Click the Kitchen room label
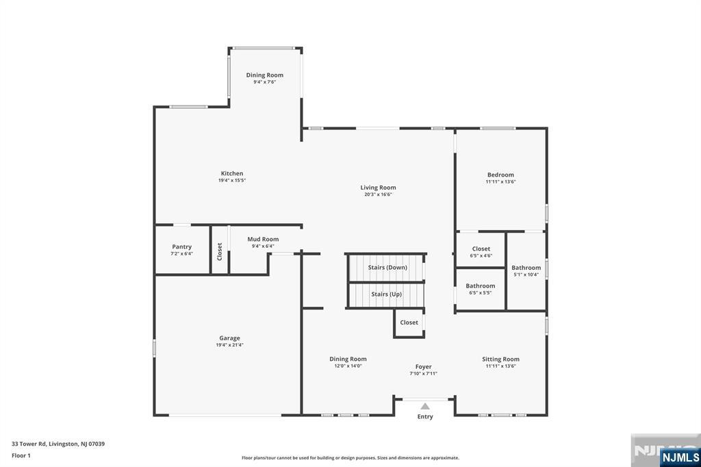[x=232, y=174]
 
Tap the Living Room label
[x=378, y=188]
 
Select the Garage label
[x=229, y=338]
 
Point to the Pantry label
[x=181, y=247]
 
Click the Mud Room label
[x=263, y=240]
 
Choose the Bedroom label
[x=500, y=175]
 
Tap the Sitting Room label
[x=500, y=359]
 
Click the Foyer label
[x=423, y=367]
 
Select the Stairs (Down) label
[x=387, y=268]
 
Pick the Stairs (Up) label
[x=386, y=294]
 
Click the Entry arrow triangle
[x=425, y=406]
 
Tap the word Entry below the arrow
[x=425, y=417]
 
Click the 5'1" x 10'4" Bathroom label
[x=526, y=268]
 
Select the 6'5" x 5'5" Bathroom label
[x=481, y=286]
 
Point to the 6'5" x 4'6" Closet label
[x=481, y=249]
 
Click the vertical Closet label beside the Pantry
[x=220, y=251]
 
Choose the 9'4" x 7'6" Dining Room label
[x=265, y=75]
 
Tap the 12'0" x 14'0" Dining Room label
[x=348, y=359]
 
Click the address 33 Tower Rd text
[x=58, y=444]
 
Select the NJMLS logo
[x=680, y=457]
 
